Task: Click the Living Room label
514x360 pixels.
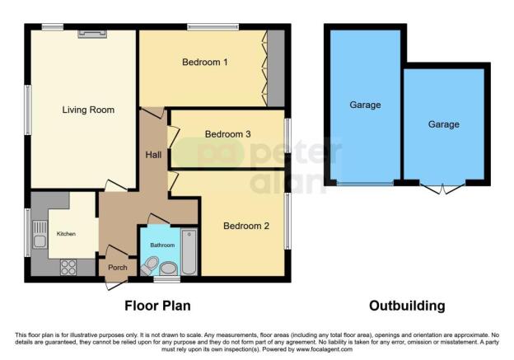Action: (x=88, y=110)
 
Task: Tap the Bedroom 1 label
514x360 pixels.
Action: (x=203, y=62)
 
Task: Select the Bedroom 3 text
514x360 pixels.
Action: (x=227, y=133)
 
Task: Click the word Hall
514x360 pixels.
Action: (x=154, y=154)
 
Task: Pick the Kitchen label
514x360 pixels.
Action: (x=66, y=234)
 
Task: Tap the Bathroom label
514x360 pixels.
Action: (x=162, y=245)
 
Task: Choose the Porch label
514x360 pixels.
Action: (x=114, y=268)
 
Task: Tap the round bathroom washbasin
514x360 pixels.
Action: (x=168, y=268)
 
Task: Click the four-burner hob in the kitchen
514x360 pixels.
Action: (x=67, y=266)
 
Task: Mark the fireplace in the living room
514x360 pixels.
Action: (x=91, y=32)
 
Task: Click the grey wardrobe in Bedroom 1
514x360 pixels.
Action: (x=275, y=68)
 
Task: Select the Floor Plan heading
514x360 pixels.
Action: (x=157, y=306)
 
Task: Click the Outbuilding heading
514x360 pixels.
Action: (x=407, y=306)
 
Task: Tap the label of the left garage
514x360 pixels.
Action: (x=365, y=105)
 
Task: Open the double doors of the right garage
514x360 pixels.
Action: (x=444, y=189)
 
